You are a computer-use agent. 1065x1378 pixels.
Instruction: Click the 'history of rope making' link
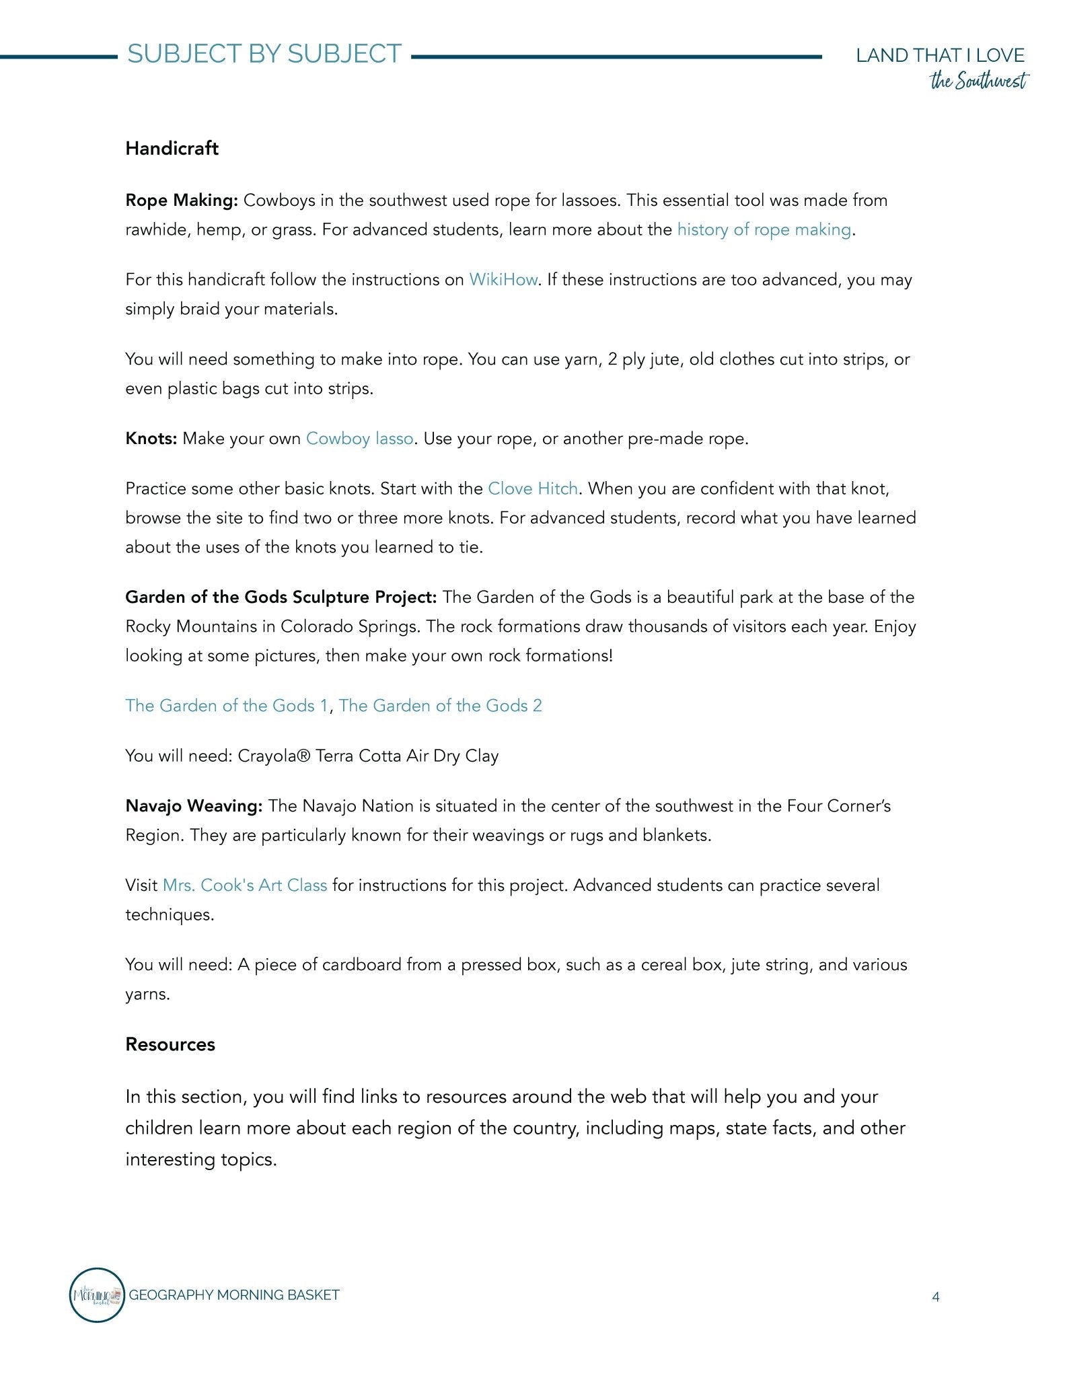[764, 230]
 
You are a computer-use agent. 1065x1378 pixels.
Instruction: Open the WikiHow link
[503, 280]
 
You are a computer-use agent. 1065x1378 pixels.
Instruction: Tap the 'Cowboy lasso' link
[359, 439]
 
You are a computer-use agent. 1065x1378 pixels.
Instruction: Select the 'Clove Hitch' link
[532, 488]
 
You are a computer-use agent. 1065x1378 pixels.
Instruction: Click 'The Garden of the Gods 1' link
[227, 706]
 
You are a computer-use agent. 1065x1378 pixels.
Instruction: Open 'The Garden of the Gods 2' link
[440, 706]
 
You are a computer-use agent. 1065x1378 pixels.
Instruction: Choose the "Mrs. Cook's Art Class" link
[245, 885]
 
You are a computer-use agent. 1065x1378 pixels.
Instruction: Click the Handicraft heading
[172, 149]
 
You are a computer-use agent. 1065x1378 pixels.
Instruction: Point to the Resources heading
[170, 1044]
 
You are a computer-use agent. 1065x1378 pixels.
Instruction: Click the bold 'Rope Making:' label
[182, 201]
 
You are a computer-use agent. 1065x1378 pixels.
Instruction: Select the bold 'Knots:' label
[151, 439]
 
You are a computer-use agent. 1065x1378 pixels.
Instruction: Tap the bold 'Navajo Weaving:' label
[194, 806]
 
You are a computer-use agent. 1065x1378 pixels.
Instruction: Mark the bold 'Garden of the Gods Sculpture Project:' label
[281, 597]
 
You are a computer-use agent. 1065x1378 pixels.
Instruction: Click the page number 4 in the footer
[935, 1297]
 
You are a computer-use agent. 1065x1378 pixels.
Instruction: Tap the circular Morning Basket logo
[97, 1295]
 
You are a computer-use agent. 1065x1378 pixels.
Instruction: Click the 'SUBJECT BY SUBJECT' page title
[264, 54]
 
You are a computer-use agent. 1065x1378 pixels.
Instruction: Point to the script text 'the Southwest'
[978, 81]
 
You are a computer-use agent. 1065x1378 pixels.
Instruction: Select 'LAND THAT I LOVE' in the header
[940, 55]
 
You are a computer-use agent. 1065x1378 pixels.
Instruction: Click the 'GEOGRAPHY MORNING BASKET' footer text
[233, 1295]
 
